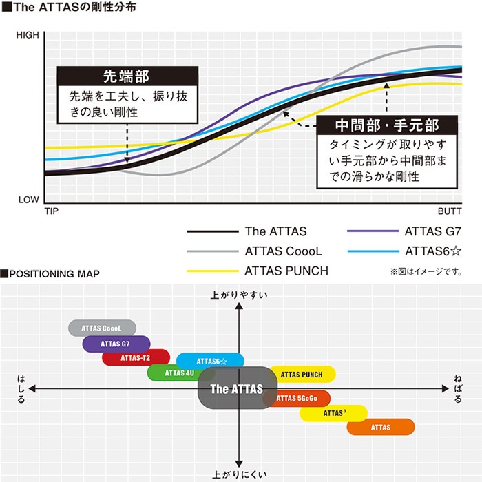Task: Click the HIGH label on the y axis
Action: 28,35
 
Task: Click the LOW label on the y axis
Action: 29,200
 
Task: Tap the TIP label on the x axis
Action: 52,211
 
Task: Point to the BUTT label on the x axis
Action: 450,211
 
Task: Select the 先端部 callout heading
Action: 127,76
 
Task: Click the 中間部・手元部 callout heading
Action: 387,125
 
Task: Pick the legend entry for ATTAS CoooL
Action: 255,251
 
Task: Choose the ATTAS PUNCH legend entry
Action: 258,271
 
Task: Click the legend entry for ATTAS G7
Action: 404,231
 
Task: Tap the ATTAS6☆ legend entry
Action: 405,251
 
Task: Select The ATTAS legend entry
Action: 247,231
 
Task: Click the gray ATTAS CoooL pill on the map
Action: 102,328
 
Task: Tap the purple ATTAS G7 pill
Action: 116,344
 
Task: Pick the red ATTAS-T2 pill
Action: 136,357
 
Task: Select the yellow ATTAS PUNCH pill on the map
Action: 302,375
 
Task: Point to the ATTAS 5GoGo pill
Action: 297,399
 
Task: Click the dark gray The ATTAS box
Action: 238,388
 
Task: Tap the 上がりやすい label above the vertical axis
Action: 239,295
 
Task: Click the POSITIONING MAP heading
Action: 50,273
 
